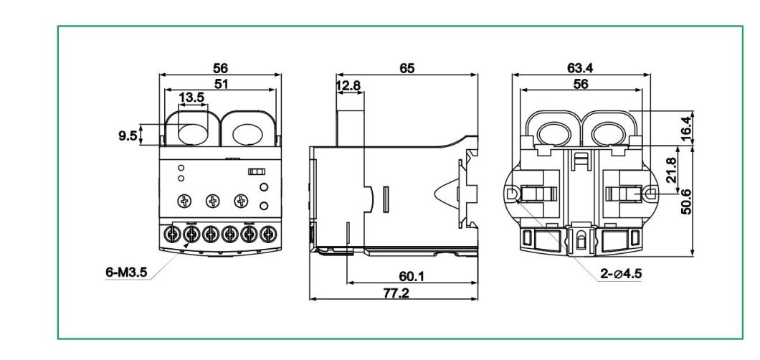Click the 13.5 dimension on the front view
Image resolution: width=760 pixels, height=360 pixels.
tap(190, 96)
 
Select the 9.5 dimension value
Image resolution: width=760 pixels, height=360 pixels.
tap(127, 135)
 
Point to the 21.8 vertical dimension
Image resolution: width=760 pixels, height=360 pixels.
tap(671, 170)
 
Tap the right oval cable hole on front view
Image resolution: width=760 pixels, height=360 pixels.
tap(247, 134)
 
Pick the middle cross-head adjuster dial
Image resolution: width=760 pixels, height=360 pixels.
tap(212, 201)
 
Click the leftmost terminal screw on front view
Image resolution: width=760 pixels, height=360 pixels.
tap(172, 233)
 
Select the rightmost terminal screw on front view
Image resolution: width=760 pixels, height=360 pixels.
tap(268, 233)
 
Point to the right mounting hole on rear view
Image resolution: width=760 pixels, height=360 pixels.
tap(648, 194)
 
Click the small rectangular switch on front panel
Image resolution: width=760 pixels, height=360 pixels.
tap(256, 172)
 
